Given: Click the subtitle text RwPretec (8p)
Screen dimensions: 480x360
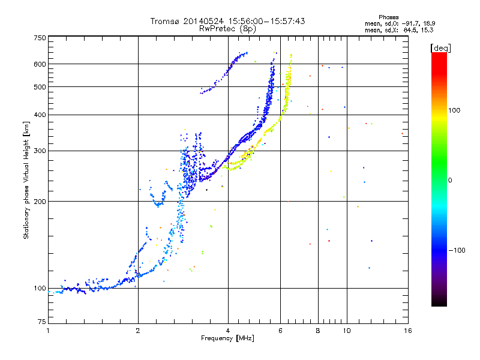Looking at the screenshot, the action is (227, 29).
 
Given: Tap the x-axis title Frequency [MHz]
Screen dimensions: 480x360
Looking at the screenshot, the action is (227, 338).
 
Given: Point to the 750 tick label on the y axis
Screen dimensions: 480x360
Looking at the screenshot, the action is (40, 38).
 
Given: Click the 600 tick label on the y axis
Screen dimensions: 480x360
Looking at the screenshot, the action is (40, 64).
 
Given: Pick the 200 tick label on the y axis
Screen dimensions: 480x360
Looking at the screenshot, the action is (40, 202).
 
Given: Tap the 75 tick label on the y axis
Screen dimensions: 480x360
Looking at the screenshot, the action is (42, 322).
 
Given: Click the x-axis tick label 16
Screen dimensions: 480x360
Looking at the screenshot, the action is (408, 331).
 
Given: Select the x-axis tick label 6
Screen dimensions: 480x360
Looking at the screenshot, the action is (280, 331).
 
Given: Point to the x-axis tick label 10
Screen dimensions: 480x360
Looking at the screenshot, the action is (347, 331).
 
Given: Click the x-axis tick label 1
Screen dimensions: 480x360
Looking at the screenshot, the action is (49, 331).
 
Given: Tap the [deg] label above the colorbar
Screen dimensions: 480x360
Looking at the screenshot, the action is (440, 48).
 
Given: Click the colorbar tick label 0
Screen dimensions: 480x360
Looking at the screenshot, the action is (450, 181).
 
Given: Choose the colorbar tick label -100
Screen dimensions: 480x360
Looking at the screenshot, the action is (457, 250).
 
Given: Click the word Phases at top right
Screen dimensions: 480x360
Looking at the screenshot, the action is (388, 17).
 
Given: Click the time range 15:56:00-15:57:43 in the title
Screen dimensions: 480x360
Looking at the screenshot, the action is (266, 21).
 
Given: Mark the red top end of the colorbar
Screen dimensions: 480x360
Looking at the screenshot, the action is (439, 53).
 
